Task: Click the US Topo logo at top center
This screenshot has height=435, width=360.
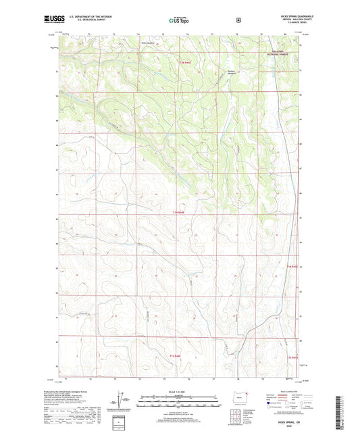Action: (180, 21)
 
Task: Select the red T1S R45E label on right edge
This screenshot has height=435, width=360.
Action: (292, 356)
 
